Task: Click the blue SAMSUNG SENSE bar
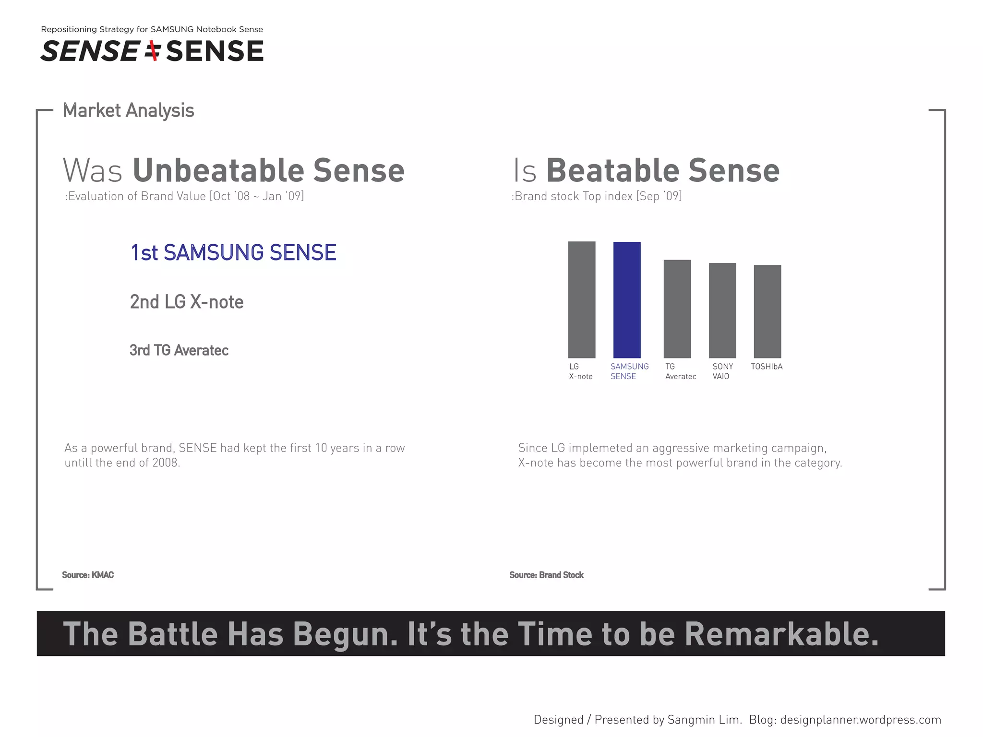(627, 300)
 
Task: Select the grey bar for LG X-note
(582, 300)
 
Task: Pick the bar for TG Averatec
(677, 309)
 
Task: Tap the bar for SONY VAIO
(722, 310)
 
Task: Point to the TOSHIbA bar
(767, 311)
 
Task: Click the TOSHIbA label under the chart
(767, 367)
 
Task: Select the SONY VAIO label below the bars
(722, 371)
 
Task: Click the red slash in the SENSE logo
(154, 51)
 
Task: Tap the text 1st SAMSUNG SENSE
(233, 253)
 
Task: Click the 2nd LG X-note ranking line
(187, 302)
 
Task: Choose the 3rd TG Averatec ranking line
(179, 350)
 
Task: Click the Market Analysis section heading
(129, 110)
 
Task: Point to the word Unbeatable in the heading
(218, 170)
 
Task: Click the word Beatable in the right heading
(612, 170)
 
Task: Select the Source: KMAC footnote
(88, 575)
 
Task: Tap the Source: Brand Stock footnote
(546, 575)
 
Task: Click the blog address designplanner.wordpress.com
(861, 720)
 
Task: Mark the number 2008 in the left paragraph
(165, 463)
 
